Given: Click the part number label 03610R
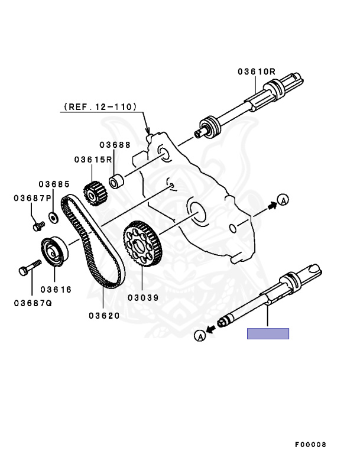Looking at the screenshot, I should point(257,72).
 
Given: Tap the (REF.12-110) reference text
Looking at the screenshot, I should point(98,107).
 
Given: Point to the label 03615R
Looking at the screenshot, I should point(93,159).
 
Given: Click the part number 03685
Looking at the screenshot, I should point(54,184).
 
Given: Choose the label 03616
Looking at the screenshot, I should point(56,290).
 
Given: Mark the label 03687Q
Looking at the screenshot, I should point(32,303).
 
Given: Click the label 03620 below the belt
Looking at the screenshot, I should point(105,316).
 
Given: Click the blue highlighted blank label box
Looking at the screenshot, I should point(268,333).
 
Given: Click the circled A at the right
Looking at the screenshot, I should point(283,200).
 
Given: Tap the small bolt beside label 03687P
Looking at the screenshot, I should point(38,225).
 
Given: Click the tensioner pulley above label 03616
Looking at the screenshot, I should point(54,251).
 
